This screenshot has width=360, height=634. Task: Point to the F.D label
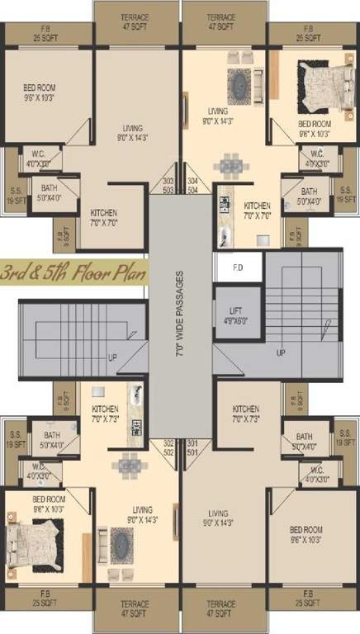(238, 267)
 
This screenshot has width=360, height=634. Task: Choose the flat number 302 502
(168, 447)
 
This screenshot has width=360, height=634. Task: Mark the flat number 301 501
(193, 447)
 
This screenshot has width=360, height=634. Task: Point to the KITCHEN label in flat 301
(246, 414)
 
